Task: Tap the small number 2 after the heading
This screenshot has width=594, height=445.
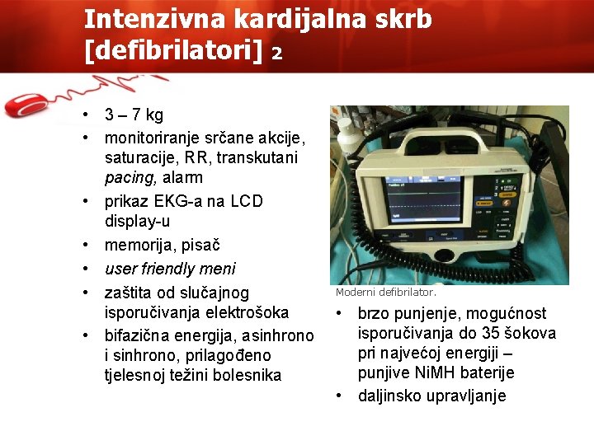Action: click(x=277, y=54)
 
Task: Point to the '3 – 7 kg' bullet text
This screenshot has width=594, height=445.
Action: click(x=134, y=115)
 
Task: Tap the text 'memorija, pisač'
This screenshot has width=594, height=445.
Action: click(x=162, y=245)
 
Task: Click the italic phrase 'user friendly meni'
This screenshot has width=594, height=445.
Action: click(x=169, y=269)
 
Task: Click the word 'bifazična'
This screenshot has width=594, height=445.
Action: click(x=138, y=335)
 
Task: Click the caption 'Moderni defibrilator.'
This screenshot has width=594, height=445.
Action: click(x=385, y=293)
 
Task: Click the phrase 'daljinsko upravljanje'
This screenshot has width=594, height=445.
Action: click(x=431, y=396)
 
